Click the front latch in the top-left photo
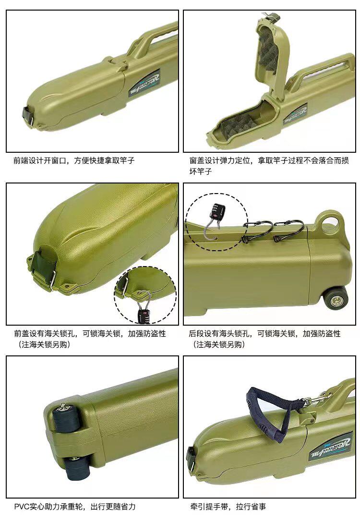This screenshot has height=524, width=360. click(x=28, y=116)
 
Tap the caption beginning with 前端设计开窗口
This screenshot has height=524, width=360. click(x=74, y=160)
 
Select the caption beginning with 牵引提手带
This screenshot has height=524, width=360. click(x=228, y=507)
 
